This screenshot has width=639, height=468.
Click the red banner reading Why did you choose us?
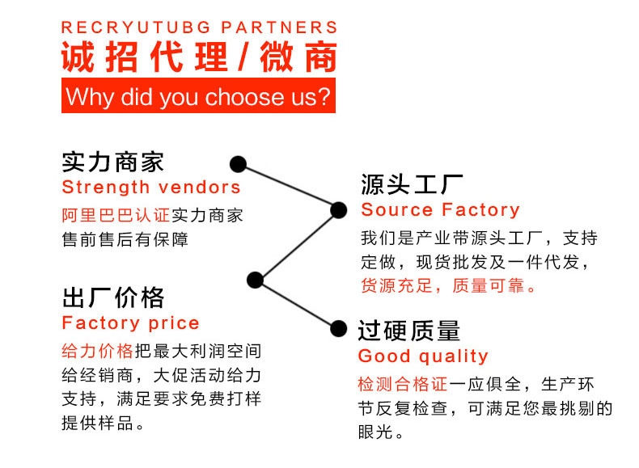click(198, 97)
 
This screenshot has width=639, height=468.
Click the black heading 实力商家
click(113, 162)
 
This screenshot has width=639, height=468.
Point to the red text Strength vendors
click(151, 188)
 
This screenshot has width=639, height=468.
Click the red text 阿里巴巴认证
click(116, 216)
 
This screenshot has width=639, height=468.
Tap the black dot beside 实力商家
click(238, 164)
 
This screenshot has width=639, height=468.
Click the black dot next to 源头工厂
click(339, 211)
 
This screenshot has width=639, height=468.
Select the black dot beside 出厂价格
click(256, 280)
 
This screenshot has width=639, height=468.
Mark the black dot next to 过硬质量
click(339, 327)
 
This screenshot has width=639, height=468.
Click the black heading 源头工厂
click(412, 184)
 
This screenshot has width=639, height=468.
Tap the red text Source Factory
click(440, 210)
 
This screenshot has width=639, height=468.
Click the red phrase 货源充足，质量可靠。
click(449, 286)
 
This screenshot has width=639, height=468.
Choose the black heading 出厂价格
click(113, 297)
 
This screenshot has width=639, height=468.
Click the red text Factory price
click(130, 323)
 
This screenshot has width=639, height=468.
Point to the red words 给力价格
click(97, 352)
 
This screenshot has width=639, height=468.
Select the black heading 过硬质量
click(409, 330)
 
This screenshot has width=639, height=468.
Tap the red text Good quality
click(423, 356)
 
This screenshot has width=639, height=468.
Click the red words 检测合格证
click(403, 385)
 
